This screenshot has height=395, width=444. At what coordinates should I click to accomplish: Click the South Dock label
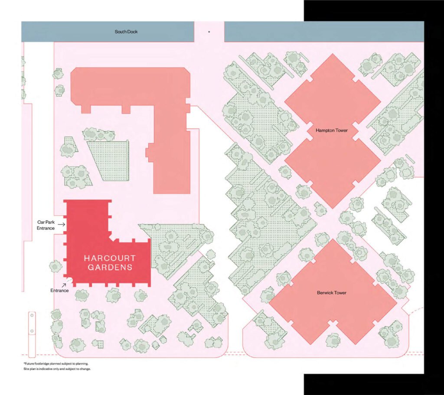pyautogui.click(x=126, y=32)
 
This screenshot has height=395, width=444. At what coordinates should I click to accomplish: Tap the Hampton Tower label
pyautogui.click(x=332, y=130)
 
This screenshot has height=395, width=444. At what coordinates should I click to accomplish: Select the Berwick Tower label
pyautogui.click(x=332, y=293)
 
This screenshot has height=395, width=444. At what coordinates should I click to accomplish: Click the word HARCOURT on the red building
pyautogui.click(x=110, y=258)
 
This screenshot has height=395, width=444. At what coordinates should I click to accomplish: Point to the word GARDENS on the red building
pyautogui.click(x=110, y=267)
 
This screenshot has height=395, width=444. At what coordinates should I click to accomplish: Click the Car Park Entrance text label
pyautogui.click(x=46, y=225)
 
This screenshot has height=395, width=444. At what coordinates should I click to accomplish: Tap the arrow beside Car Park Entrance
pyautogui.click(x=62, y=224)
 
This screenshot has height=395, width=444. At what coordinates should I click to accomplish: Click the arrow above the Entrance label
pyautogui.click(x=64, y=285)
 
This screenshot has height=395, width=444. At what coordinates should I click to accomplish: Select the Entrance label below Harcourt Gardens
pyautogui.click(x=59, y=291)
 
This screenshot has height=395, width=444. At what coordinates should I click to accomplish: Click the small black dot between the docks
pyautogui.click(x=209, y=32)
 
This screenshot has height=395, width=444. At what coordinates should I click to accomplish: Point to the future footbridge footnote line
pyautogui.click(x=56, y=363)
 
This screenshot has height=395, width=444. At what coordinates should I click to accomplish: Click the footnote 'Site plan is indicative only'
pyautogui.click(x=57, y=369)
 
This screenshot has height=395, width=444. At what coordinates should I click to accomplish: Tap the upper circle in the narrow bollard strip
pyautogui.click(x=32, y=315)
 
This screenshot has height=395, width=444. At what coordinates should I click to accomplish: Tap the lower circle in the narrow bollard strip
pyautogui.click(x=32, y=331)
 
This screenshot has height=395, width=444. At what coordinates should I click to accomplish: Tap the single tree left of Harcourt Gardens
pyautogui.click(x=55, y=266)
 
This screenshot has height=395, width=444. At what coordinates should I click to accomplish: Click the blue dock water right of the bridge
pyautogui.click(x=324, y=32)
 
